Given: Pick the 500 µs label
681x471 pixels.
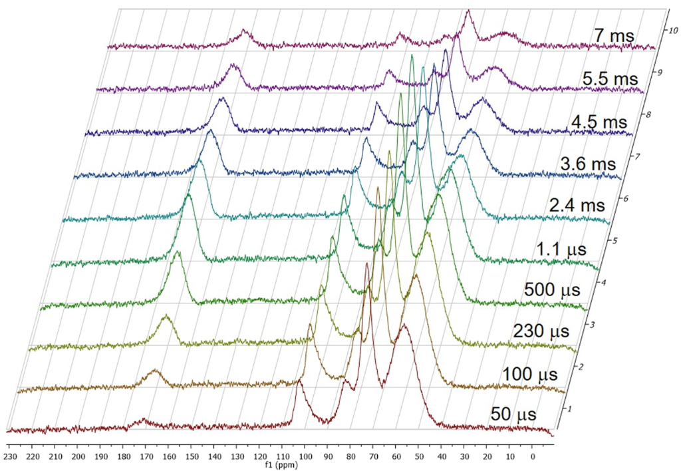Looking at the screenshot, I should tap(553, 290).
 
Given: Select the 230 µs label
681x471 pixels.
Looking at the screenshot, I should tap(540, 331).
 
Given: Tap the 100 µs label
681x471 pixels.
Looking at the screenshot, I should tap(529, 374).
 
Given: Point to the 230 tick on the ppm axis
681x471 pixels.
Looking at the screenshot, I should tap(9, 457).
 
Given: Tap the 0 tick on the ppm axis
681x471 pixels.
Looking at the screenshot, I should tap(533, 457).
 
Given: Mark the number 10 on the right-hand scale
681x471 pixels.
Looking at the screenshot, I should tap(673, 30).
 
